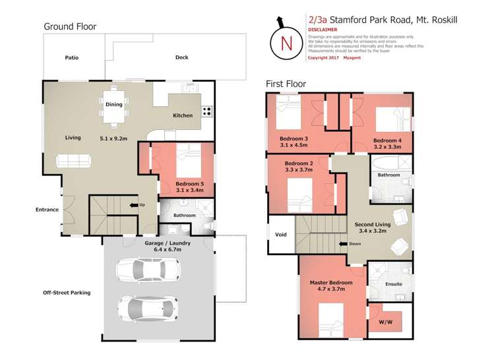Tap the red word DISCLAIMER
pos(323,30)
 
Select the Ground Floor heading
pos(70,26)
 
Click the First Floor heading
pos(286,84)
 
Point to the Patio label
pos(72,58)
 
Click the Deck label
pos(181,57)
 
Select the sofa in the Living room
pos(73,160)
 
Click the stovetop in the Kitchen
pos(207,111)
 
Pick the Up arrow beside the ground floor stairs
pos(137,205)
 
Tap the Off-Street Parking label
pos(67,292)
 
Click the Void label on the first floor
pos(280,233)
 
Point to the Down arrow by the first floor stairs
pos(346,244)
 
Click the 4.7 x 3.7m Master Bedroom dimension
pos(332,289)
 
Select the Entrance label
pos(47,210)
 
